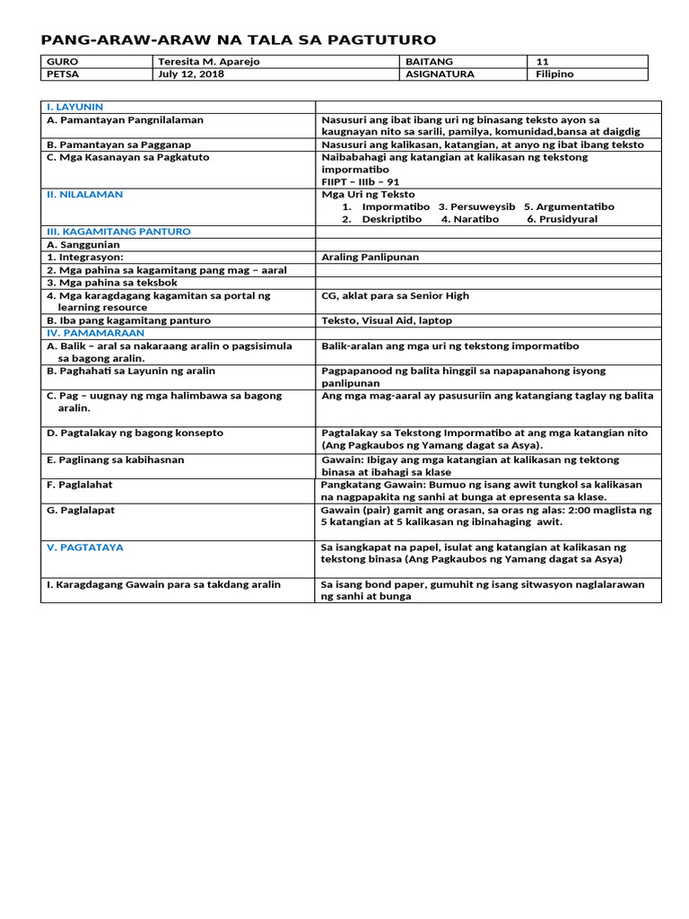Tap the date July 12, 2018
pyautogui.click(x=190, y=74)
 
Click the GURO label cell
pyautogui.click(x=63, y=62)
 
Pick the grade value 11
pyautogui.click(x=542, y=62)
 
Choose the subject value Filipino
pyautogui.click(x=554, y=74)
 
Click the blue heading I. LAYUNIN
pyautogui.click(x=75, y=107)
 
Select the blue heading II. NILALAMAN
pyautogui.click(x=84, y=194)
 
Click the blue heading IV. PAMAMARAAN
pyautogui.click(x=95, y=333)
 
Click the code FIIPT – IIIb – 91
pyautogui.click(x=361, y=181)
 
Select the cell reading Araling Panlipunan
pyautogui.click(x=370, y=257)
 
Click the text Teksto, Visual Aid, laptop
pyautogui.click(x=387, y=320)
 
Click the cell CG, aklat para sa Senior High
pyautogui.click(x=395, y=295)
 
